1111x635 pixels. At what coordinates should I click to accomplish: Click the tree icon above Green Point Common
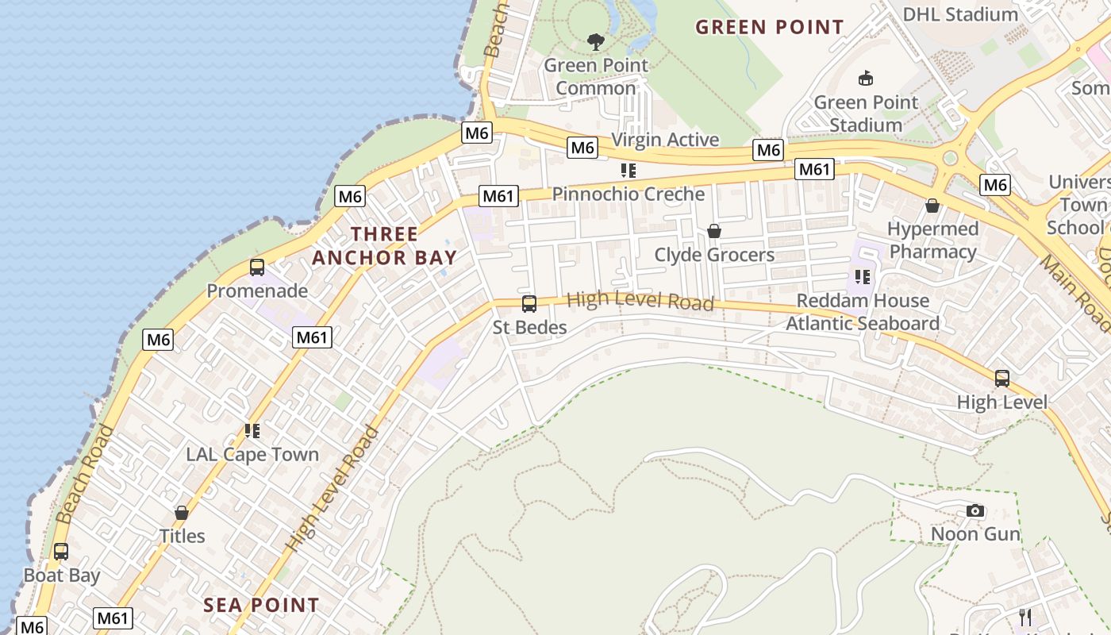tap(595, 41)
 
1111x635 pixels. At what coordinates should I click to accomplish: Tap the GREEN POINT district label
tap(769, 27)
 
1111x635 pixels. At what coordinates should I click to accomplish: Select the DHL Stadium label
tap(960, 13)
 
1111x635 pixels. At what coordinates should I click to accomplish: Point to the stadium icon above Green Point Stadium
tap(866, 79)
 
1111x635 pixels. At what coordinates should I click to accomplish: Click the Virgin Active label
tap(665, 140)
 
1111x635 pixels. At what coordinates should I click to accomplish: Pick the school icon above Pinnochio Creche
tap(629, 170)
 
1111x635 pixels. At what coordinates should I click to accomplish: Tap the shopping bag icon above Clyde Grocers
tap(714, 231)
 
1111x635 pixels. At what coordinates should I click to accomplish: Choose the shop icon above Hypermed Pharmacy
tap(932, 206)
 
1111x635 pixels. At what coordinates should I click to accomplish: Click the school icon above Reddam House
tap(863, 277)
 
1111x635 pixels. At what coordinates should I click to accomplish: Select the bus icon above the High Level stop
tap(1002, 379)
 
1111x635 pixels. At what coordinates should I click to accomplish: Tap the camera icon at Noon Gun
tap(975, 510)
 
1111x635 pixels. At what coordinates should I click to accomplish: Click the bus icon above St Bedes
tap(529, 303)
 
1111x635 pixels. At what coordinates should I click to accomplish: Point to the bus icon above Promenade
tap(257, 267)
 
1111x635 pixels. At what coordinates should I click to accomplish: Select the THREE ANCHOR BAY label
tap(385, 245)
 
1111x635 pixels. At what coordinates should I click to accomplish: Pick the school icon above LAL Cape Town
tap(252, 431)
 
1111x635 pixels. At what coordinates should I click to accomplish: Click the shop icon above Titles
tap(182, 513)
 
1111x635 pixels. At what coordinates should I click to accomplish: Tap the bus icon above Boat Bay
tap(61, 552)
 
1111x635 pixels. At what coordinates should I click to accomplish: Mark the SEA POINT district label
tap(261, 605)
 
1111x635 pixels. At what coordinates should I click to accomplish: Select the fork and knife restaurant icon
tap(1025, 617)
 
